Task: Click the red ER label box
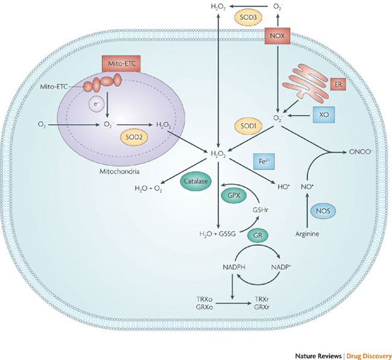point(340,85)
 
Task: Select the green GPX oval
point(233,195)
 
